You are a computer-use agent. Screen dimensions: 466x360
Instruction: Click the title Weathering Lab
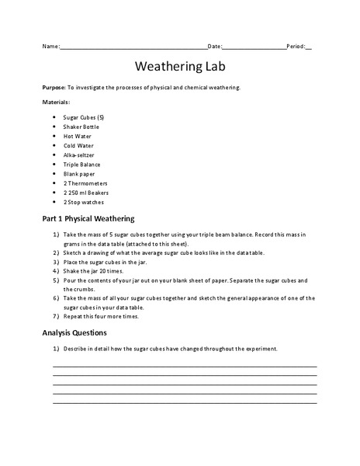[180, 66]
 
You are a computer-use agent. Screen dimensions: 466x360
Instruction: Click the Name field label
[50, 47]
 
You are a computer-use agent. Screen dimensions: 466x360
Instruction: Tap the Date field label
[215, 47]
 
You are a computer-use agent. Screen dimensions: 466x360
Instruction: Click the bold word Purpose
[54, 88]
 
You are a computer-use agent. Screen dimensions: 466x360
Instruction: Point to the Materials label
[56, 103]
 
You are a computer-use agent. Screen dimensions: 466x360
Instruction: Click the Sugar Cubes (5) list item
[84, 117]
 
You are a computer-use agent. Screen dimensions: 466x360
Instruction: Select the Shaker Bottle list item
[81, 127]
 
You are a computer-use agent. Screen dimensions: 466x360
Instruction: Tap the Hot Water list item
[78, 136]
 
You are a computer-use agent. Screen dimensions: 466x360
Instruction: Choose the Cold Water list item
[78, 145]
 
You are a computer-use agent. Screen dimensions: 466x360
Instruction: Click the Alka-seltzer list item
[79, 155]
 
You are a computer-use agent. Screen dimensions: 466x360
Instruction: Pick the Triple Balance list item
[82, 164]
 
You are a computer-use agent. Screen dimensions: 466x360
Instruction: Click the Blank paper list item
[80, 174]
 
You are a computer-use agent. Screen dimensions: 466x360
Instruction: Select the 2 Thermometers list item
[85, 183]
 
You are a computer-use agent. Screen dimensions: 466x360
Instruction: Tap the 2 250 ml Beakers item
[86, 193]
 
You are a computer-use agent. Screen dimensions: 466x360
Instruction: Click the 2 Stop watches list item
[84, 202]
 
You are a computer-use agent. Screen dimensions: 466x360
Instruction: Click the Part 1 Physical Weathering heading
[88, 218]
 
